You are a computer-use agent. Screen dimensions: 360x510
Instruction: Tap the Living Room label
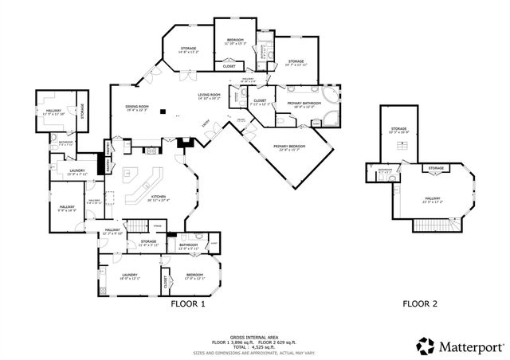click(210, 96)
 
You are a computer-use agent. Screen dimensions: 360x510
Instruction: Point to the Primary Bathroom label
click(303, 103)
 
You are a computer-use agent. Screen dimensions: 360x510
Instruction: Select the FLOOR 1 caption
click(188, 303)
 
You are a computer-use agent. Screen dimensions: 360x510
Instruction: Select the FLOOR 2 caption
click(419, 303)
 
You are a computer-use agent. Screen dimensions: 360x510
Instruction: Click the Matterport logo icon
click(426, 346)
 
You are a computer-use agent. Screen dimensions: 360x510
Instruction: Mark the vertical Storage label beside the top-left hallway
click(83, 112)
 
